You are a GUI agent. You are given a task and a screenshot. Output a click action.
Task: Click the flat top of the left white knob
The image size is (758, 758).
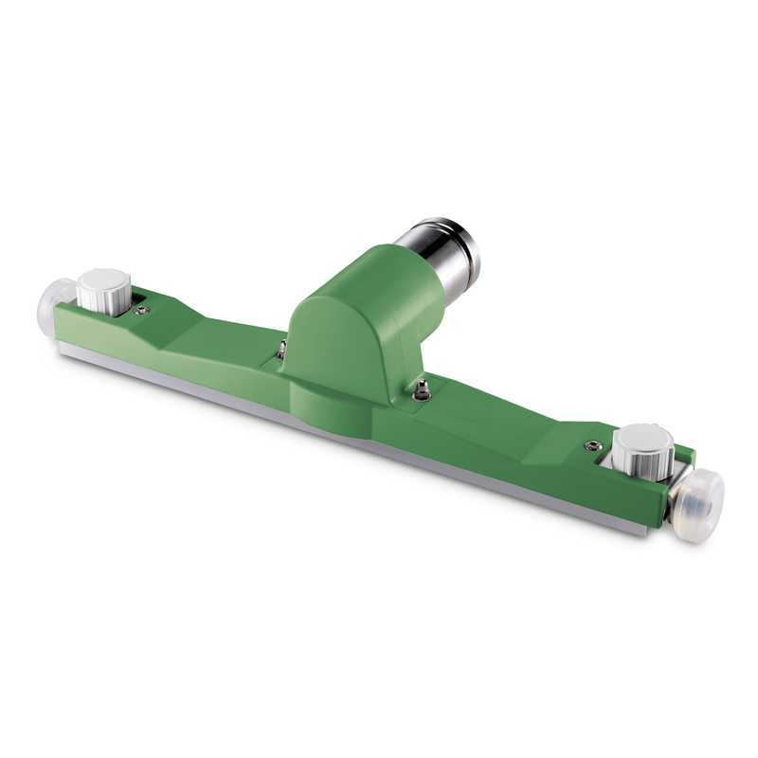pyautogui.click(x=103, y=280)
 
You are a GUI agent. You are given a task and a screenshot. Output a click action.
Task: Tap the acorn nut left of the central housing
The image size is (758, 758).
pyautogui.click(x=281, y=349)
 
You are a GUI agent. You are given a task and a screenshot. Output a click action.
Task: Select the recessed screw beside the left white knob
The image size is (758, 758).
pyautogui.click(x=141, y=310)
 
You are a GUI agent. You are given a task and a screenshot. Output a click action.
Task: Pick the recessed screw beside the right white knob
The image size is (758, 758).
pyautogui.click(x=594, y=445)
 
